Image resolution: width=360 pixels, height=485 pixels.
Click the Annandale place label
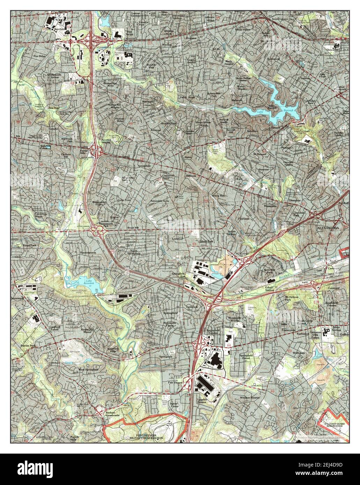click(144, 166)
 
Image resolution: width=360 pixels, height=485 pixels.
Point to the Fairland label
click(243, 218)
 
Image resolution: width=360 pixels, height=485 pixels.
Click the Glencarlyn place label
click(334, 50)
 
